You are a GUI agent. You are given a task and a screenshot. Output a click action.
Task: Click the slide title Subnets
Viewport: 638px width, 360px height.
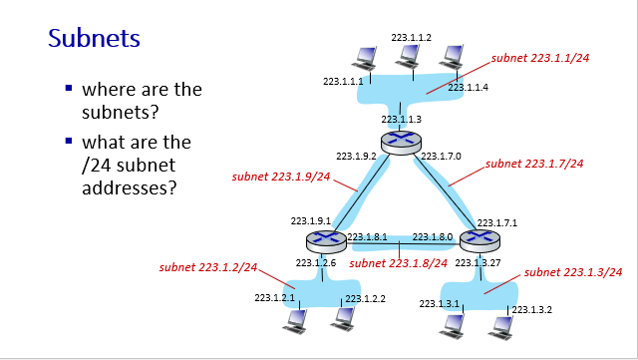coord(95,40)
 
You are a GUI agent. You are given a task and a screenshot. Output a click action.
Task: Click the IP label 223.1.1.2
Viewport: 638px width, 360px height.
coord(411,37)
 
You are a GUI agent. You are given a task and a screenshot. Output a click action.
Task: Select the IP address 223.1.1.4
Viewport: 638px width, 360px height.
coord(468,88)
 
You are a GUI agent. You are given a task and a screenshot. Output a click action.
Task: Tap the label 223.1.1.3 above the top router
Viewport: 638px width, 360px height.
coord(401,119)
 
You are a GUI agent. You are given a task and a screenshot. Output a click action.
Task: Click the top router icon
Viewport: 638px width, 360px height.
coord(401,143)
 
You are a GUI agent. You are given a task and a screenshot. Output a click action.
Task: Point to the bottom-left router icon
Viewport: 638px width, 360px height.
coord(324,240)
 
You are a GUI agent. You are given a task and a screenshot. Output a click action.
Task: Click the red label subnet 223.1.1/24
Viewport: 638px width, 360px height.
coord(540,58)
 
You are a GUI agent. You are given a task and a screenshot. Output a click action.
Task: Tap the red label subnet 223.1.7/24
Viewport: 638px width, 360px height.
coord(534,163)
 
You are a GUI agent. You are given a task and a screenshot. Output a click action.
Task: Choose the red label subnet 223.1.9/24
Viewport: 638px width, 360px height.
coord(280,177)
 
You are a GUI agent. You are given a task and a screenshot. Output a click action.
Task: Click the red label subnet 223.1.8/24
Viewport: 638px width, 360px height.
coord(399,263)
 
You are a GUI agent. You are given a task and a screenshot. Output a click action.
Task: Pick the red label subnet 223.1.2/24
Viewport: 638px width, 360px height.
coord(207,267)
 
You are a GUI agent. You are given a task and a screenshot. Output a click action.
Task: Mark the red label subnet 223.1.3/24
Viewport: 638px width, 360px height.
coord(573,272)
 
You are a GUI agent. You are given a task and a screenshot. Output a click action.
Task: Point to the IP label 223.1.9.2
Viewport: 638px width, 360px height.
coord(356,157)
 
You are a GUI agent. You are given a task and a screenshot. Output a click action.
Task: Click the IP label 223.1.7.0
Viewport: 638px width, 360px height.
coord(442,157)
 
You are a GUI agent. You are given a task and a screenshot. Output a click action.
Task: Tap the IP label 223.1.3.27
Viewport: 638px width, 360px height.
coord(477,263)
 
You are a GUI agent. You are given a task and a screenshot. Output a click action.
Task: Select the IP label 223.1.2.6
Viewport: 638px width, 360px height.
coord(316,263)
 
